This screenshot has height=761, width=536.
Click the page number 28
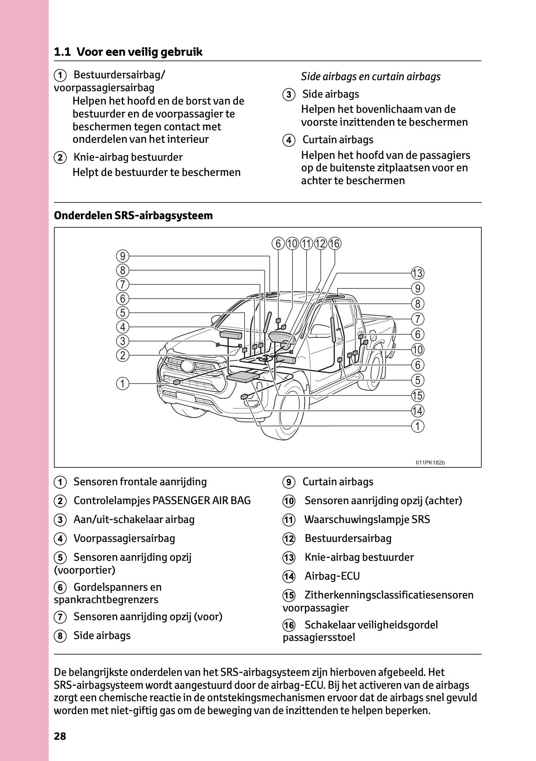(x=60, y=736)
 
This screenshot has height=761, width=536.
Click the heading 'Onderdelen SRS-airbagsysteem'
(x=133, y=215)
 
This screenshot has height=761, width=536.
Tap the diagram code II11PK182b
(x=430, y=462)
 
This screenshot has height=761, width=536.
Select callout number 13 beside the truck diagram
(x=417, y=273)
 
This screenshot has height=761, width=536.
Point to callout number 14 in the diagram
(x=417, y=411)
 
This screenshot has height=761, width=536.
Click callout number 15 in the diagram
(x=417, y=395)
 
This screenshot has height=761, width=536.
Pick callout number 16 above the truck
(x=334, y=244)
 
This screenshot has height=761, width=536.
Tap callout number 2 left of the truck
(x=122, y=355)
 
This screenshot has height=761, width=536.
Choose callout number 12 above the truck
(x=320, y=244)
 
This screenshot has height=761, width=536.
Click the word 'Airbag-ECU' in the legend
(x=332, y=576)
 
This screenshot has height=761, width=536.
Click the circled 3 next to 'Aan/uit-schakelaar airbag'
(x=60, y=520)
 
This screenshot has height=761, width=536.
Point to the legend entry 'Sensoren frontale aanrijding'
(x=140, y=482)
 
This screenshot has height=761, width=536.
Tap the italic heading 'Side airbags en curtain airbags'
(x=371, y=76)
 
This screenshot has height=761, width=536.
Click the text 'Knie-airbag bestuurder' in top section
(x=128, y=157)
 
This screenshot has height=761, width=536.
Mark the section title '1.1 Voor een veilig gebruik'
(x=128, y=52)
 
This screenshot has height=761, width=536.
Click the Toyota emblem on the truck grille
(x=187, y=366)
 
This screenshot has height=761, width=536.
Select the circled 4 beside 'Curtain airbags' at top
(x=288, y=140)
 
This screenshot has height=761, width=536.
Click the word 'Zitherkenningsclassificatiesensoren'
(x=389, y=595)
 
